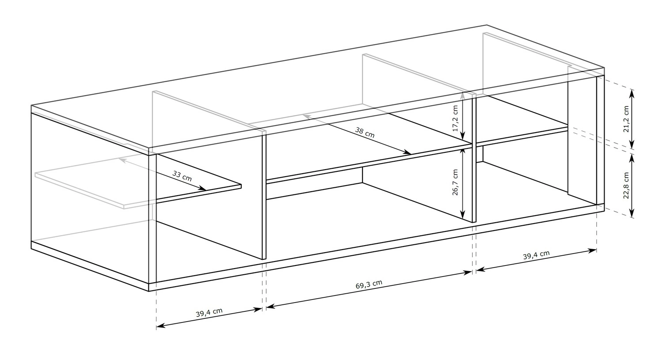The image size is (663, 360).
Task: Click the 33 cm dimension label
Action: coord(182,176)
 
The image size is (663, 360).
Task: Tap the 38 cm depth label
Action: coord(365,133)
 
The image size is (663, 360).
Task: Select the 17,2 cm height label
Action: coord(455,118)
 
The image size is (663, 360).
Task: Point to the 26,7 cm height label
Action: coord(455,182)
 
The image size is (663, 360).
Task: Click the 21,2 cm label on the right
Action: coord(626,119)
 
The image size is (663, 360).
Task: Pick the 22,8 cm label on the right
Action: coord(626,186)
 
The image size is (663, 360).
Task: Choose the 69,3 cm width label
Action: coord(369,284)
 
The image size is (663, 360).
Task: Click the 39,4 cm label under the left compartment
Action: coord(209,313)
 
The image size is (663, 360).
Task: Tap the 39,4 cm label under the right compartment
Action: coord(536,255)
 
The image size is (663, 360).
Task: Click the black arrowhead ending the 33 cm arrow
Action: coord(202,188)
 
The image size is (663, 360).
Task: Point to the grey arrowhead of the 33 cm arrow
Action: coord(122,160)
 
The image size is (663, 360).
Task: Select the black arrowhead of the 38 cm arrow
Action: coord(407,152)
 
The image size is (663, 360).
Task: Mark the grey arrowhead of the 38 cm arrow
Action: coord(307,117)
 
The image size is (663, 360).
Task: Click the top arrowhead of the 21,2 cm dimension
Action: coord(632,94)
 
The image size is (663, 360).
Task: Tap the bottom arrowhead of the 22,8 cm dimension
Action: coord(632,213)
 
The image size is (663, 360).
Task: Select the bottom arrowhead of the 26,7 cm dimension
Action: coord(463,215)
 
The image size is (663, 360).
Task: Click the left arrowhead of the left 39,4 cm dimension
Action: coord(161,326)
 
